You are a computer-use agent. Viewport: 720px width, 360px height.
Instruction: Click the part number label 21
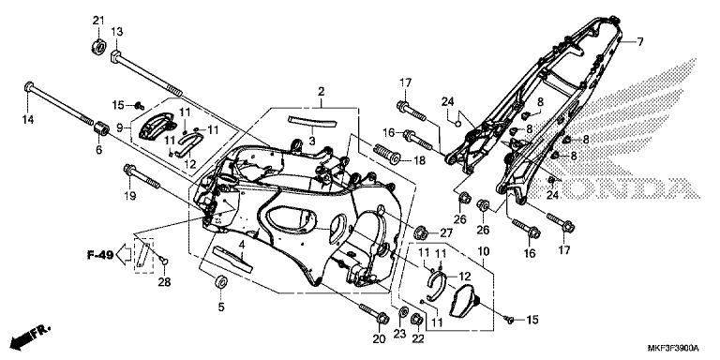[x=98, y=21]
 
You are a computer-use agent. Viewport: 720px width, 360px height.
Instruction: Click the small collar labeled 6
[x=99, y=129]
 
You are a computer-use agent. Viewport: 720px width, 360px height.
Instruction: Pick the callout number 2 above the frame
[x=321, y=92]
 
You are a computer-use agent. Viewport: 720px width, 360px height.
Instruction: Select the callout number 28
[x=165, y=282]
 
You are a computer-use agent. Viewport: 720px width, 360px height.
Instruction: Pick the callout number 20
[x=379, y=338]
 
